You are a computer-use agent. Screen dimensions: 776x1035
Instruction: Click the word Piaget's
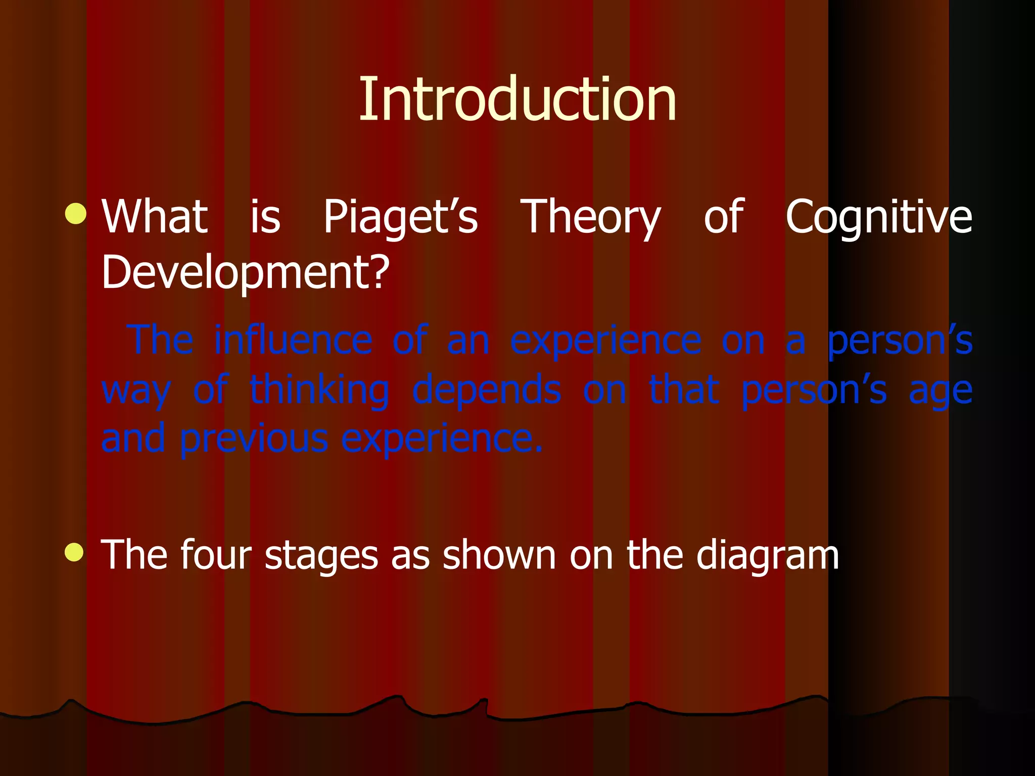coord(400,217)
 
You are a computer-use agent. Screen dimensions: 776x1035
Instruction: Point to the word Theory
coord(590,217)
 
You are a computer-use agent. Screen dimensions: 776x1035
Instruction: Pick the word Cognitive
coord(878,217)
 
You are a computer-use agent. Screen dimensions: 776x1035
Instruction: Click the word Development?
coord(246,273)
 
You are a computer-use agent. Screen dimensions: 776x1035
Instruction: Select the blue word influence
coord(293,339)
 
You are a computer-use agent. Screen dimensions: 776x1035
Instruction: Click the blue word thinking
coord(319,390)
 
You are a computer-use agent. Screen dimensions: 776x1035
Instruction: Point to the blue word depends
coord(487,390)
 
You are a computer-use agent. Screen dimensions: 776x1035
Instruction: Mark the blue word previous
coord(254,439)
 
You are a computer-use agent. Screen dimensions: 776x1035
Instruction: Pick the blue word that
coord(684,390)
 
